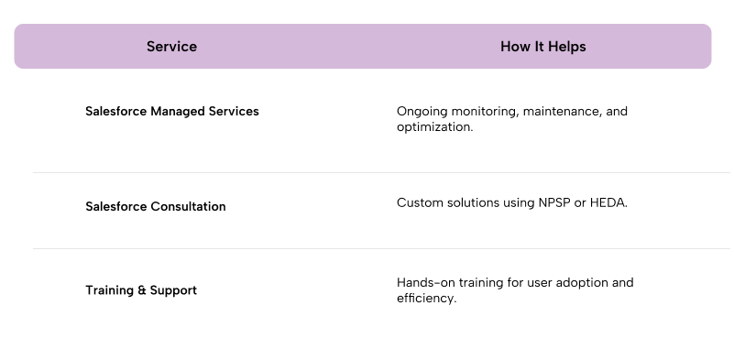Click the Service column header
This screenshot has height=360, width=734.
tap(171, 47)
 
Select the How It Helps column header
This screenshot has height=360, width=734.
tap(543, 47)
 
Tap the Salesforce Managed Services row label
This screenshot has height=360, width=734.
tap(171, 112)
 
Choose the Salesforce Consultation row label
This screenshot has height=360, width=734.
tap(156, 206)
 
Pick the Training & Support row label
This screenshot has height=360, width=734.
tap(141, 290)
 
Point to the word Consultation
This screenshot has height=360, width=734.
tap(188, 206)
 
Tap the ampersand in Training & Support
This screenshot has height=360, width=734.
tap(142, 290)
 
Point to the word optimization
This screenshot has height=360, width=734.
tap(435, 127)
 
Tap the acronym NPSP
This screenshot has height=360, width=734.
tap(554, 202)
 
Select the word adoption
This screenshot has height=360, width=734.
tap(583, 283)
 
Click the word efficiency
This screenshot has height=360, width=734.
tap(426, 299)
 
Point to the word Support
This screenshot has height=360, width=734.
tap(173, 290)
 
